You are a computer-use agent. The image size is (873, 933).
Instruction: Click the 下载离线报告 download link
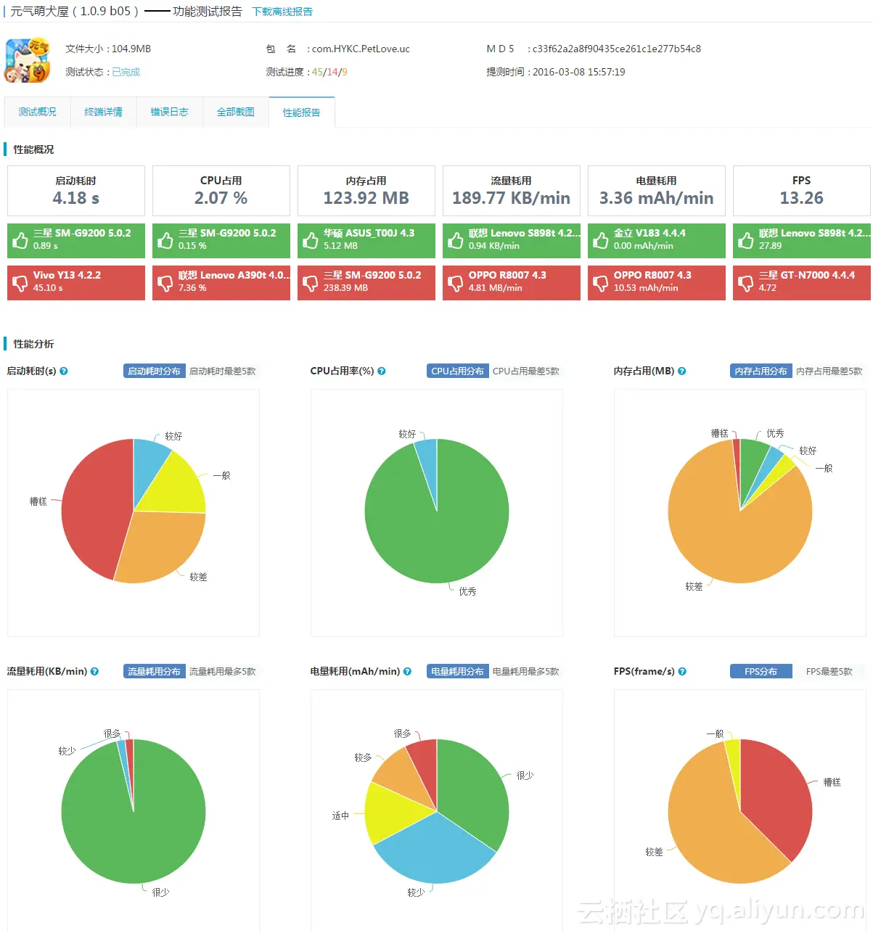coord(282,12)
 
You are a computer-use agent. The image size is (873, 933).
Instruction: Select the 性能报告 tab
coord(301,112)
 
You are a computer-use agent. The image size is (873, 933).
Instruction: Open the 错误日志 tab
coord(169,112)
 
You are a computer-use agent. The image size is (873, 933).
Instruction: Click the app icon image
coord(28,59)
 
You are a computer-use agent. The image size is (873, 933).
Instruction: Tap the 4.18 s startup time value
coord(75,198)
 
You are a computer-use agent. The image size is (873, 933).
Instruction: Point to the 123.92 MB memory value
coord(366,198)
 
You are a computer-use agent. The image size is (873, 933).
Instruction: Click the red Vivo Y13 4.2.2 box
coord(76,281)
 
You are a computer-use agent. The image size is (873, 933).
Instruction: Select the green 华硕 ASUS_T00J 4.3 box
coord(366,239)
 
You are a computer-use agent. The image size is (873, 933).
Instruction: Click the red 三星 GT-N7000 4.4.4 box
coord(801,281)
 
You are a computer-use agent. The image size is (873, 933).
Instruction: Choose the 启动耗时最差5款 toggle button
coord(222,371)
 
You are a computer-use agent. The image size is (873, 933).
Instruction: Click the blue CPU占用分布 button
coord(457,371)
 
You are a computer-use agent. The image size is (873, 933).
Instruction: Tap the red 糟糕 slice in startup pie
coord(91,508)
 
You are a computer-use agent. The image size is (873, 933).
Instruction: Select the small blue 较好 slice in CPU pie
coord(428,457)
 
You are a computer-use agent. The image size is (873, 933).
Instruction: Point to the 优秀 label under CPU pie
coord(467,591)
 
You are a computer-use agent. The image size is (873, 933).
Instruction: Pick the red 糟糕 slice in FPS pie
coord(780,798)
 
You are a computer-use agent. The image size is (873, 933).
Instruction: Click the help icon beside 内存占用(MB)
coord(682,371)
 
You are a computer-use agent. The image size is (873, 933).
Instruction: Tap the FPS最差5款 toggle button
coord(829,671)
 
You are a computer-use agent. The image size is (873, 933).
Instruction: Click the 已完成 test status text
coord(126,72)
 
